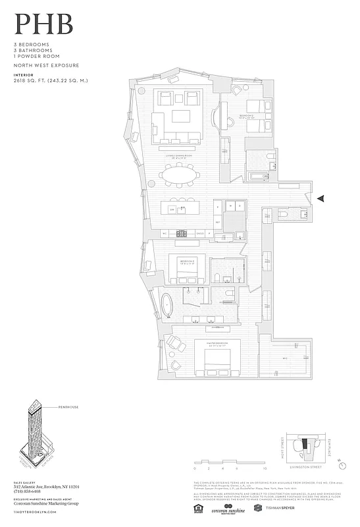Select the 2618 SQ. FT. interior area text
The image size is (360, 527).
coord(51,80)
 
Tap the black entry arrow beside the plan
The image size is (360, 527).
coord(321,198)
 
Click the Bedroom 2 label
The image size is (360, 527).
coord(248,116)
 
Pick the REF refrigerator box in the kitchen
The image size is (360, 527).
coord(218,222)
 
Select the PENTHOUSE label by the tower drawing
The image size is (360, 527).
coord(68,408)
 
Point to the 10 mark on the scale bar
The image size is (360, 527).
coord(265,470)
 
